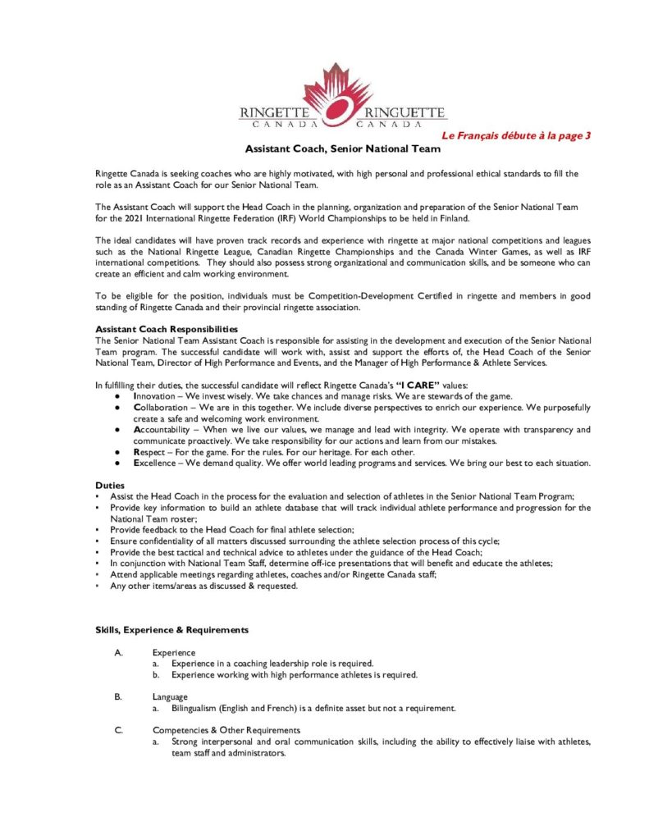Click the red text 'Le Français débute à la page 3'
pos(516,135)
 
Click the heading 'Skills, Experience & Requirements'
pos(171,630)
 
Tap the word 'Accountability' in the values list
pos(162,430)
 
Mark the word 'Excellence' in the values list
pos(157,463)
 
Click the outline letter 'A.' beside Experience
pos(119,652)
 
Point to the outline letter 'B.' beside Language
pos(119,696)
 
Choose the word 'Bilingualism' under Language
pos(198,708)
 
